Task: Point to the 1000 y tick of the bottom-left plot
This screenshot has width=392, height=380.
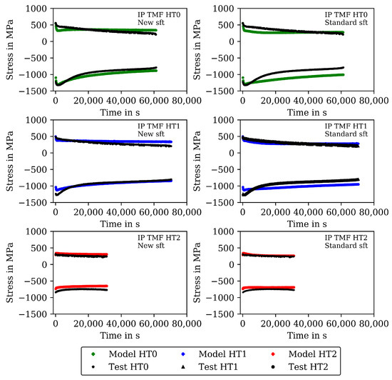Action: point(38,231)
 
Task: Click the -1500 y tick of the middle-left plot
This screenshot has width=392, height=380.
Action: point(35,202)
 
